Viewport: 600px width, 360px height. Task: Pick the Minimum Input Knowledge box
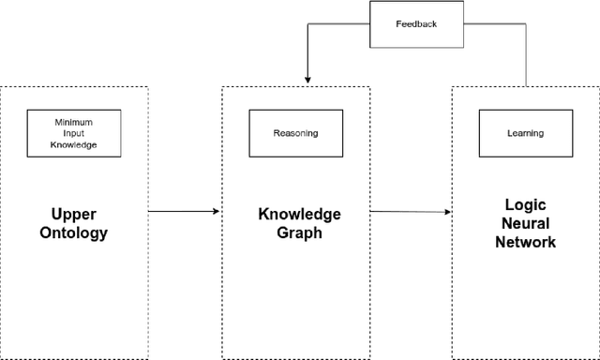tap(74, 133)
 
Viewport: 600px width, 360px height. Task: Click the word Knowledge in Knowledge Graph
tap(299, 215)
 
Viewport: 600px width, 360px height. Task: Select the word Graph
tap(299, 232)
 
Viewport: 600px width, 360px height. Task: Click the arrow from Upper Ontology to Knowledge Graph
tap(183, 211)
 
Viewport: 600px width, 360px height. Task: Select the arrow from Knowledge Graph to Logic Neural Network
tap(411, 211)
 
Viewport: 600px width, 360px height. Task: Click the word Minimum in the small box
tap(74, 122)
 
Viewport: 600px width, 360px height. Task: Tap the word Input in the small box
tap(74, 133)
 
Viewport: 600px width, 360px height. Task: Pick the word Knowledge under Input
tap(74, 145)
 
